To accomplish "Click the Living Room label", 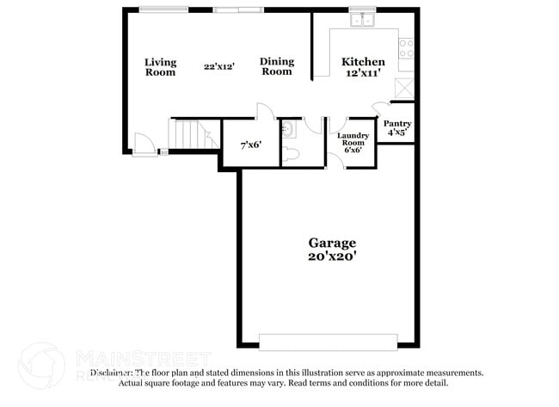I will click(x=160, y=66).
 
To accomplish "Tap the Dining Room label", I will click(x=277, y=66).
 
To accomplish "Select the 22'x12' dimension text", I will click(x=218, y=66).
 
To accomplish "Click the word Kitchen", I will click(x=363, y=61).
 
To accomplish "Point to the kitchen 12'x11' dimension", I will click(x=363, y=73).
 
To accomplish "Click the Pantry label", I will click(x=396, y=124).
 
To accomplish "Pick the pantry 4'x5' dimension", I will click(x=396, y=133).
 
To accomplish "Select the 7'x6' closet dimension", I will click(x=251, y=145).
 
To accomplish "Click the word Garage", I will click(x=332, y=243).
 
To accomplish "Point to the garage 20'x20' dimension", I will click(x=332, y=256).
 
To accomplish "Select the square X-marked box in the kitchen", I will click(x=404, y=87).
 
